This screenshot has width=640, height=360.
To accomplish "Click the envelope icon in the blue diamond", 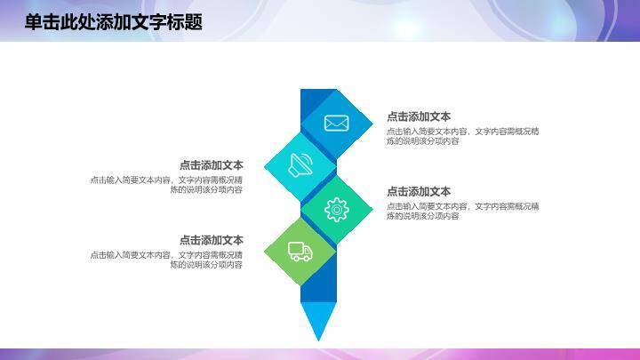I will [x=336, y=124].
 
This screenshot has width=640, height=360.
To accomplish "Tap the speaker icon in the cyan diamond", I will [x=301, y=165].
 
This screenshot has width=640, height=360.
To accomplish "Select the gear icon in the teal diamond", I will [x=336, y=209].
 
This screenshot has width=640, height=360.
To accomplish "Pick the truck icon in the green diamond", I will [x=300, y=252].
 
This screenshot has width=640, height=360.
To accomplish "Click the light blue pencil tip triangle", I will [x=316, y=320].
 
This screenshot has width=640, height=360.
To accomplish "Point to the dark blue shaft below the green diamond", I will [x=317, y=284].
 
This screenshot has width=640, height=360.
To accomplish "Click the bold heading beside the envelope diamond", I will [x=419, y=116].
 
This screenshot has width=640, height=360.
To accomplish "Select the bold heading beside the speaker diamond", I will [x=211, y=165].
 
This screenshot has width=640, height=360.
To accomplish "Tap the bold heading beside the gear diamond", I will [x=419, y=192].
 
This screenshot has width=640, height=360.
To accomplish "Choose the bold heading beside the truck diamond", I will [x=211, y=240].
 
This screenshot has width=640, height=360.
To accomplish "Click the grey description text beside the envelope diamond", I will [x=462, y=136].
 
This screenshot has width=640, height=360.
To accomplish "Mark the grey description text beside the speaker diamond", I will [x=166, y=185].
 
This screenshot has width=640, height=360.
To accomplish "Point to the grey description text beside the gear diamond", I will [x=462, y=212].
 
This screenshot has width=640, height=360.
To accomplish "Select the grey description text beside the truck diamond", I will [x=166, y=260].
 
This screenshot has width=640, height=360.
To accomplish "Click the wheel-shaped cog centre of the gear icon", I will [x=336, y=209].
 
